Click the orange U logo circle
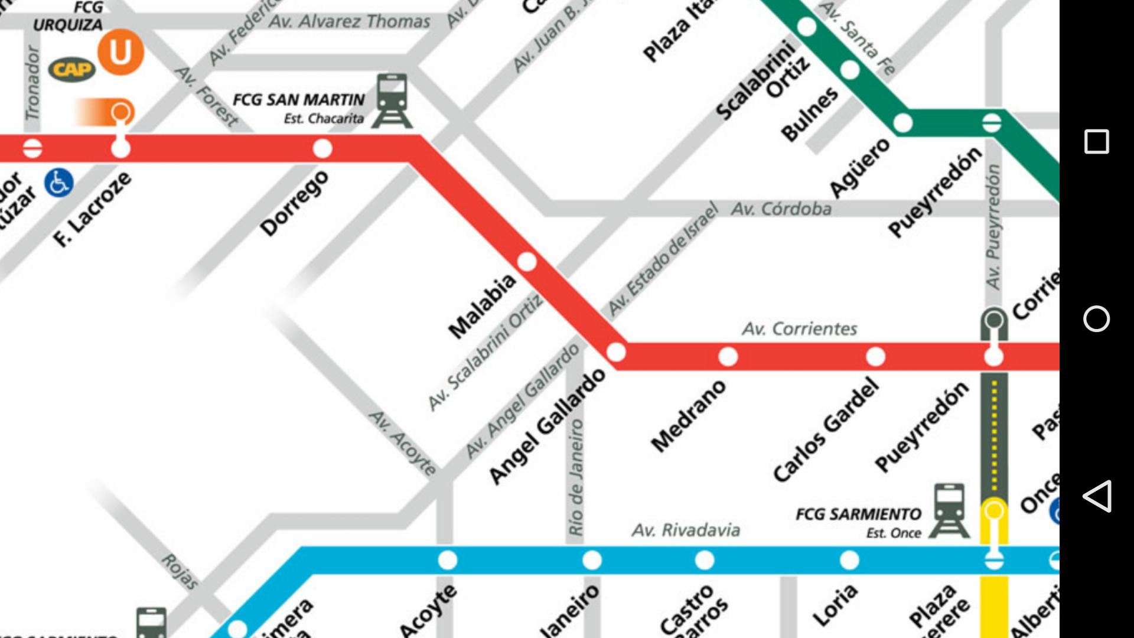pos(120,52)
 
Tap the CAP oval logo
pos(71,70)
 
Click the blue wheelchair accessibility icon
pos(59,183)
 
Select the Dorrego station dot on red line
pos(322,148)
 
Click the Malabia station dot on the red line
pos(527,261)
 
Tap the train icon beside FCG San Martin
pos(392,100)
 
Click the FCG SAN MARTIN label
pos(298,100)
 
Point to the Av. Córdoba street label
pos(781,209)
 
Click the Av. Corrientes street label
pos(799,329)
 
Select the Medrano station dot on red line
pos(728,356)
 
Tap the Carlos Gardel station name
pos(826,430)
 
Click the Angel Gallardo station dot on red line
pos(616,352)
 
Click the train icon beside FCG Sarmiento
pos(949,510)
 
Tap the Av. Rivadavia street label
pos(686,530)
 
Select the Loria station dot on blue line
pos(849,559)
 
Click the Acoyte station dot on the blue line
pos(448,559)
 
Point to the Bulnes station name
pos(809,114)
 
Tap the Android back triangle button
pos(1096,496)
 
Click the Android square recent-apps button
pos(1096,142)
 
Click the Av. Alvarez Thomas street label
pos(349,22)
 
